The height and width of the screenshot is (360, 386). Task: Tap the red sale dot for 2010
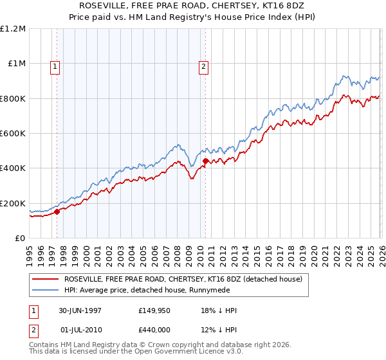(x=205, y=161)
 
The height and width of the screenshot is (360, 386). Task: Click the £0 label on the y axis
(x=19, y=239)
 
